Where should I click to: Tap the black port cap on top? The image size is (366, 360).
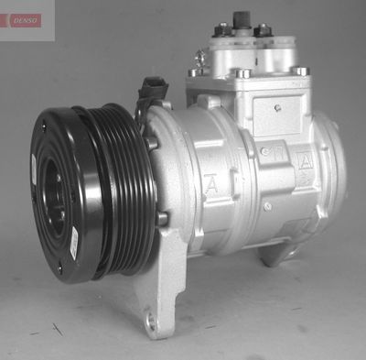pos(242,18)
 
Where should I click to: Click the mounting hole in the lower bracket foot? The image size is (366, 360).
pos(153,320)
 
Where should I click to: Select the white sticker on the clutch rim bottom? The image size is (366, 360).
pos(73,242)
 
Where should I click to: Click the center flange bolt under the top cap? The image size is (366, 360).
pos(242,72)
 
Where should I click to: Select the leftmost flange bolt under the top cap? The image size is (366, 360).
pos(194,71)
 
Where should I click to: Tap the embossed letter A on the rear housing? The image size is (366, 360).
pos(305,162)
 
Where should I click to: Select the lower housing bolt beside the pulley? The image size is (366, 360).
pos(162,218)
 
